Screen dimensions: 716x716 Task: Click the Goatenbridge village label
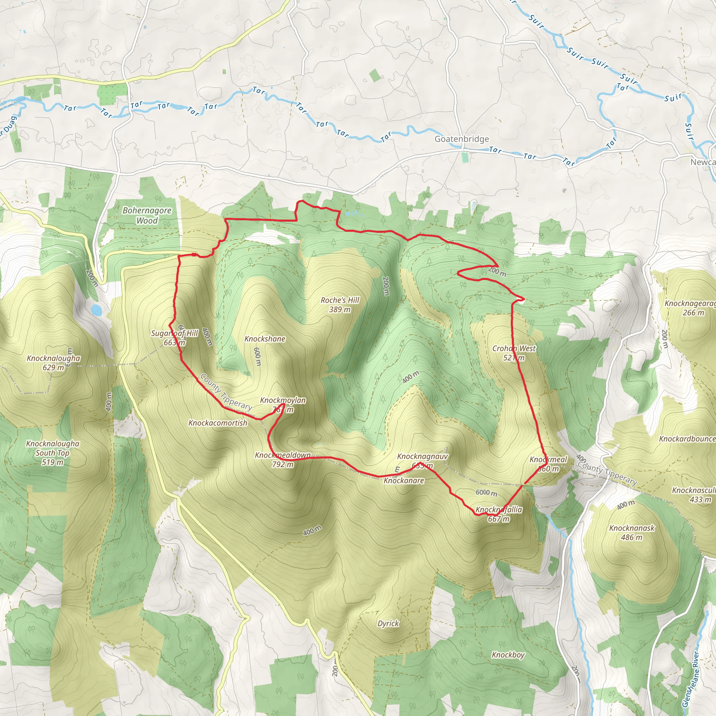point(461,139)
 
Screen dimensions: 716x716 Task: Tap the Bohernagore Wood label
point(147,215)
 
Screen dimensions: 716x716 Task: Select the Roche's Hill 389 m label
point(340,305)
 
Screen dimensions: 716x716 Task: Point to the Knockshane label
point(265,339)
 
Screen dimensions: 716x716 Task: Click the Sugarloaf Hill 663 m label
point(174,338)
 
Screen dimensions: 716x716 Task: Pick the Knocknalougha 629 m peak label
point(53,363)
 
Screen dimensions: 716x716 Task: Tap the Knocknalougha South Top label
point(53,452)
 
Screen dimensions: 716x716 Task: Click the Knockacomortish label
point(217,423)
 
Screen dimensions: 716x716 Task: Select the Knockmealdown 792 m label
point(283,459)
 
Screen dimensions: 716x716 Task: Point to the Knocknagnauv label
point(422,456)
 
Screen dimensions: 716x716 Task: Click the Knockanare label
point(403,481)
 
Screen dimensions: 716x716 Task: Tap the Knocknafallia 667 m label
point(499,514)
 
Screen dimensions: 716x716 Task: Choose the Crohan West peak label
point(514,353)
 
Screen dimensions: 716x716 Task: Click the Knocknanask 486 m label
point(632,532)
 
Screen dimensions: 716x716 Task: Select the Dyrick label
point(388,623)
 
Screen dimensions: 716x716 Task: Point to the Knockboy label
point(508,655)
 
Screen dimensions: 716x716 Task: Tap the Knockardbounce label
point(687,439)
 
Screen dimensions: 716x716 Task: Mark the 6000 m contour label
point(486,493)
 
